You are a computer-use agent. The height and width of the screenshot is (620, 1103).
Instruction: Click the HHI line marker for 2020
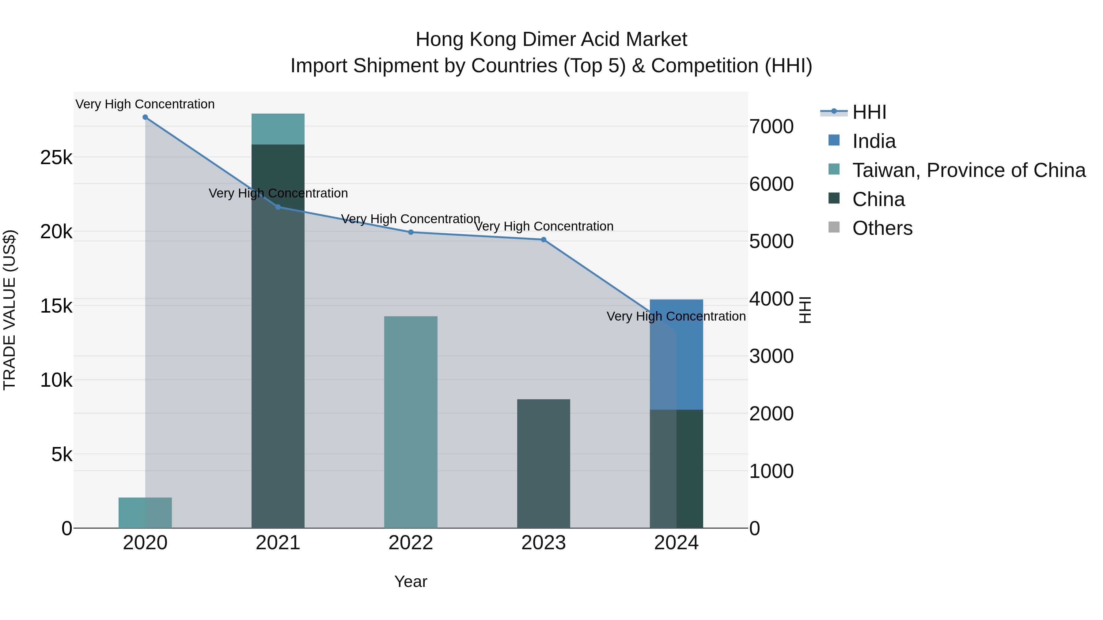pyautogui.click(x=145, y=117)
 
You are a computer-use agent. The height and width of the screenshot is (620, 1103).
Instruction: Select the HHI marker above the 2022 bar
pyautogui.click(x=411, y=232)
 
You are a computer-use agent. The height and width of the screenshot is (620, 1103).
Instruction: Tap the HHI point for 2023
pyautogui.click(x=543, y=240)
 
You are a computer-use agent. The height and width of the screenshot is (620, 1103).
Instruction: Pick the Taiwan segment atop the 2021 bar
pyautogui.click(x=278, y=129)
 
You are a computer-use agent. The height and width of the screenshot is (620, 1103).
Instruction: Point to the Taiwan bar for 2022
pyautogui.click(x=411, y=422)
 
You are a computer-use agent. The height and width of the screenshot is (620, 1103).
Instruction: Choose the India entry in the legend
pyautogui.click(x=874, y=141)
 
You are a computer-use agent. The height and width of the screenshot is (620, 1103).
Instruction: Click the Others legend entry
pyautogui.click(x=882, y=228)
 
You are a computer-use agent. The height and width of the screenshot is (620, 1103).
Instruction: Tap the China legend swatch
pyautogui.click(x=834, y=198)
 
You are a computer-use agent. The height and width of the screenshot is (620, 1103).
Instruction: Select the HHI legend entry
pyautogui.click(x=869, y=112)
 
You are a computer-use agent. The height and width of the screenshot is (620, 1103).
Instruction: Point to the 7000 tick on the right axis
pyautogui.click(x=771, y=127)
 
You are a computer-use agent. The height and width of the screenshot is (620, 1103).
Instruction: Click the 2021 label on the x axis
pyautogui.click(x=278, y=543)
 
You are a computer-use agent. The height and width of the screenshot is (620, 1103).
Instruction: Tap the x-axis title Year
pyautogui.click(x=411, y=581)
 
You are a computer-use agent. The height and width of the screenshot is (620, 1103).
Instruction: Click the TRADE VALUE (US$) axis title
pyautogui.click(x=9, y=310)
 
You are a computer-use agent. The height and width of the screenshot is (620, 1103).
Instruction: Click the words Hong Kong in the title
pyautogui.click(x=467, y=39)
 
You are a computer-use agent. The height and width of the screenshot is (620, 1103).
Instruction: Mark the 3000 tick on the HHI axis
pyautogui.click(x=771, y=356)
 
